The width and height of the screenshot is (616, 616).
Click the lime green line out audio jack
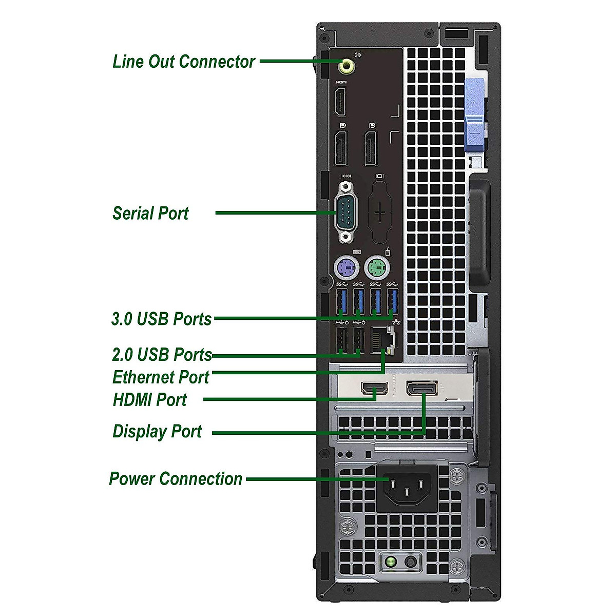tap(347, 66)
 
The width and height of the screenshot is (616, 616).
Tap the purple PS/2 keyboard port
tap(346, 267)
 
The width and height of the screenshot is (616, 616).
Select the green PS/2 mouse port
tap(377, 267)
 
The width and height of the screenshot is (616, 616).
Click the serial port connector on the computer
tap(346, 211)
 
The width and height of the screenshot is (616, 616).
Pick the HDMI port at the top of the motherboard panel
tap(340, 102)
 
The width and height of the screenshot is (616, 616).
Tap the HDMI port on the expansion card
tap(375, 389)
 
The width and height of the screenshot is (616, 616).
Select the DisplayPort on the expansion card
tap(422, 388)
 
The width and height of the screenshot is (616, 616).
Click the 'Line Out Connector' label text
tap(183, 62)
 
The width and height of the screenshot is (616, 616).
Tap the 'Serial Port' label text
tap(150, 213)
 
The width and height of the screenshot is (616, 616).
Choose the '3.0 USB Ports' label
tap(161, 319)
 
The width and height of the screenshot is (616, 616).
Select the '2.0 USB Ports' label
tap(162, 354)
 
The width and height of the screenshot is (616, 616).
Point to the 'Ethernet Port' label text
tap(161, 377)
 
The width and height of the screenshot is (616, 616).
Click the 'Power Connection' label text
tap(176, 479)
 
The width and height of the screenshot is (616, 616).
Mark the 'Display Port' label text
tap(157, 431)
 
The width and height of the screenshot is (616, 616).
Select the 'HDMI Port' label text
tap(149, 399)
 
